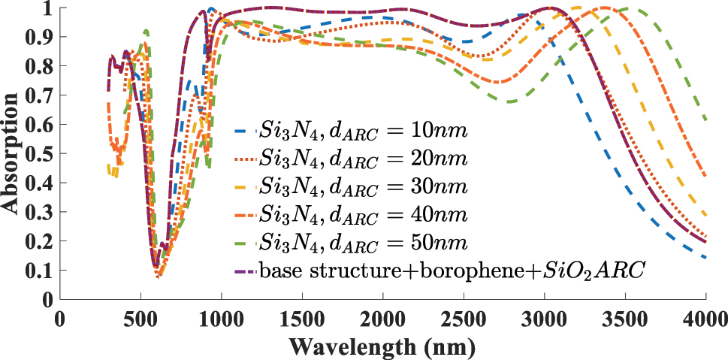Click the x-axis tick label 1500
point(301,318)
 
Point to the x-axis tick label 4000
point(705,318)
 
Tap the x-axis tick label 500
point(140,318)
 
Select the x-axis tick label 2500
point(463,318)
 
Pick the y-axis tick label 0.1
point(38,270)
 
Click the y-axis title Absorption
point(11,153)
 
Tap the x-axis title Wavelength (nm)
point(382,347)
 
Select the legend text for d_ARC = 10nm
point(364,132)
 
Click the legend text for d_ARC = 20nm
point(364,159)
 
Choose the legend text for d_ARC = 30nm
point(364,187)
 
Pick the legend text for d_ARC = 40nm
point(364,215)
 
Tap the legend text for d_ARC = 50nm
point(364,242)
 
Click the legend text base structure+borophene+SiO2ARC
point(452,270)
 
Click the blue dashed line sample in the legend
point(244,132)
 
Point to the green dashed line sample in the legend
point(244,242)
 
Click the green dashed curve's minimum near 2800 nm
point(512,101)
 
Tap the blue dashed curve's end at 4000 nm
point(705,257)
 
